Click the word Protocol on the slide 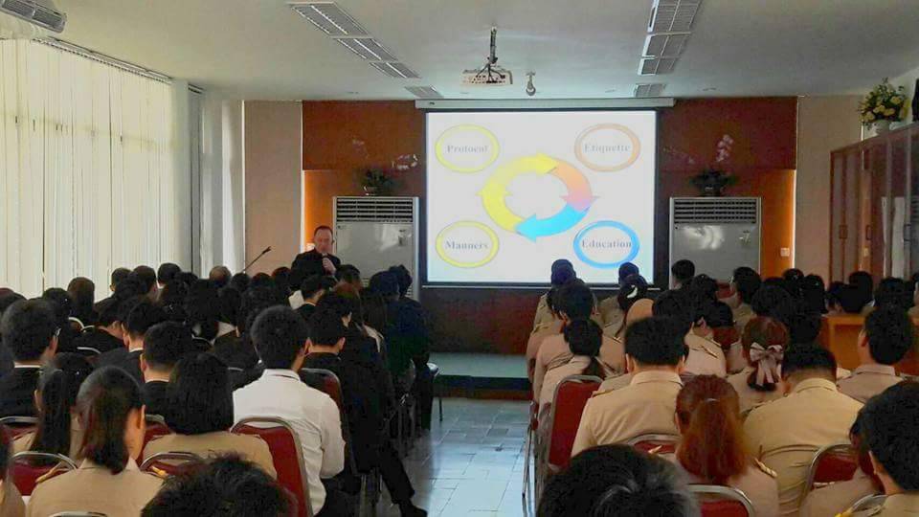(x=466, y=148)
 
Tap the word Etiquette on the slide (x=607, y=147)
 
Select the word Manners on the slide (x=466, y=245)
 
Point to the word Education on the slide (x=607, y=243)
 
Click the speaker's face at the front (x=324, y=239)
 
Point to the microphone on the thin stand (x=267, y=249)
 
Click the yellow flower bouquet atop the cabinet (x=883, y=105)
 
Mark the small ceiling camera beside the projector (x=530, y=84)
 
